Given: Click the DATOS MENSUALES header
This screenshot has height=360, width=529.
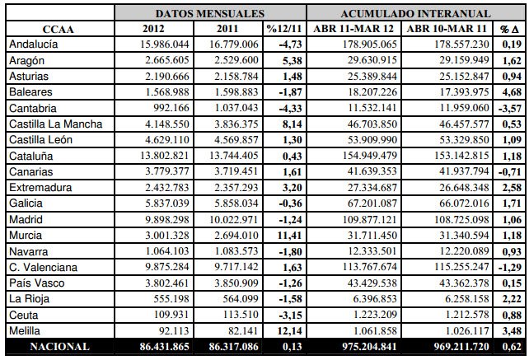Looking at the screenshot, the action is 210,13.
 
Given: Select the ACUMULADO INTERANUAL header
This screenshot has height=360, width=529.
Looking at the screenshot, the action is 415,13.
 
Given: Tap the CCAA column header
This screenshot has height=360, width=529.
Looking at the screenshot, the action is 58,30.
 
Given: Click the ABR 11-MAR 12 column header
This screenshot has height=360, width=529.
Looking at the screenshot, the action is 353,29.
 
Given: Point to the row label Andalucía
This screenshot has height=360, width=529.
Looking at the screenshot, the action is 34,44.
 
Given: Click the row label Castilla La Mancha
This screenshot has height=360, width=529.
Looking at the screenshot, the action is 56,124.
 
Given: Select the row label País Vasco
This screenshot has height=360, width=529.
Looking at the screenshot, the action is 37,283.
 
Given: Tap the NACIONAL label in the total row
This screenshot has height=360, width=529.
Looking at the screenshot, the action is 59,347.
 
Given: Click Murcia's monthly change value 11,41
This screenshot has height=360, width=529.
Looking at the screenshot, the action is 289,235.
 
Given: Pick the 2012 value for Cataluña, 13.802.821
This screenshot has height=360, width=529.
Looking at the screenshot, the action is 165,156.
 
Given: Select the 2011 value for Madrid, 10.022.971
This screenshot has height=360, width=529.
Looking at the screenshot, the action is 234,220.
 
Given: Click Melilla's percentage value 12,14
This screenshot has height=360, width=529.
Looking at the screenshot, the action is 289,330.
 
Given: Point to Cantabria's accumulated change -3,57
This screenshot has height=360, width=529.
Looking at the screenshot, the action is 510,108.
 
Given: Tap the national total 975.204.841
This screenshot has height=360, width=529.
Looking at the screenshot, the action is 369,347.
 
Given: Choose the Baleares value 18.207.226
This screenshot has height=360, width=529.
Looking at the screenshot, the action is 372,92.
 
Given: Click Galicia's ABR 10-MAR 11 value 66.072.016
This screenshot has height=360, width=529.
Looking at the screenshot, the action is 464,203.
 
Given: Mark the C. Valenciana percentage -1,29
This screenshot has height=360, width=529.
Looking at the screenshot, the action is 510,267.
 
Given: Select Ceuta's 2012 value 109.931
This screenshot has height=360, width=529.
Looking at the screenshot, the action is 171,315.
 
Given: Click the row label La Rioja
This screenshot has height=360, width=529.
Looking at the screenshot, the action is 30,298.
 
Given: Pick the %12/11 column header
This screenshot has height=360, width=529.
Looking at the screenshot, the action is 284,29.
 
